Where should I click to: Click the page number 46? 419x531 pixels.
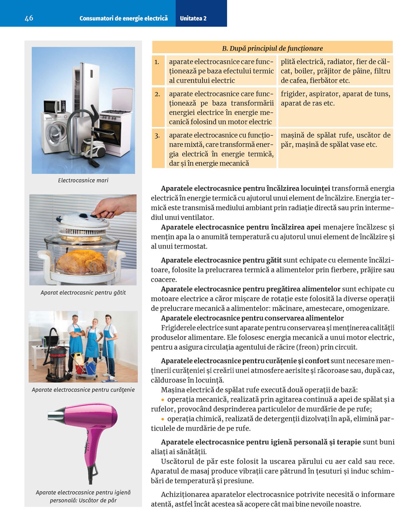pyautogui.click(x=29, y=18)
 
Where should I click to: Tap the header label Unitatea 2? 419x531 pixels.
pyautogui.click(x=193, y=18)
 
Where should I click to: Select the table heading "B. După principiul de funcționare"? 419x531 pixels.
pyautogui.click(x=272, y=48)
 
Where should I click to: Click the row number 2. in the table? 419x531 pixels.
pyautogui.click(x=157, y=94)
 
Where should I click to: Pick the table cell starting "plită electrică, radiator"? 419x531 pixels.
pyautogui.click(x=335, y=71)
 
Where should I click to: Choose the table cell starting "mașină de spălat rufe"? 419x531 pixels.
pyautogui.click(x=335, y=140)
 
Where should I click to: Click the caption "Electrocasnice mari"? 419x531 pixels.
pyautogui.click(x=83, y=180)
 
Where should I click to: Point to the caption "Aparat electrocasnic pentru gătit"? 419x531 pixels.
pyautogui.click(x=83, y=293)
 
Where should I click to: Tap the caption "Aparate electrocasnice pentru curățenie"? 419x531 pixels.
pyautogui.click(x=83, y=390)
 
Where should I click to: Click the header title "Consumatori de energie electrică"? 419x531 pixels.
pyautogui.click(x=124, y=18)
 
